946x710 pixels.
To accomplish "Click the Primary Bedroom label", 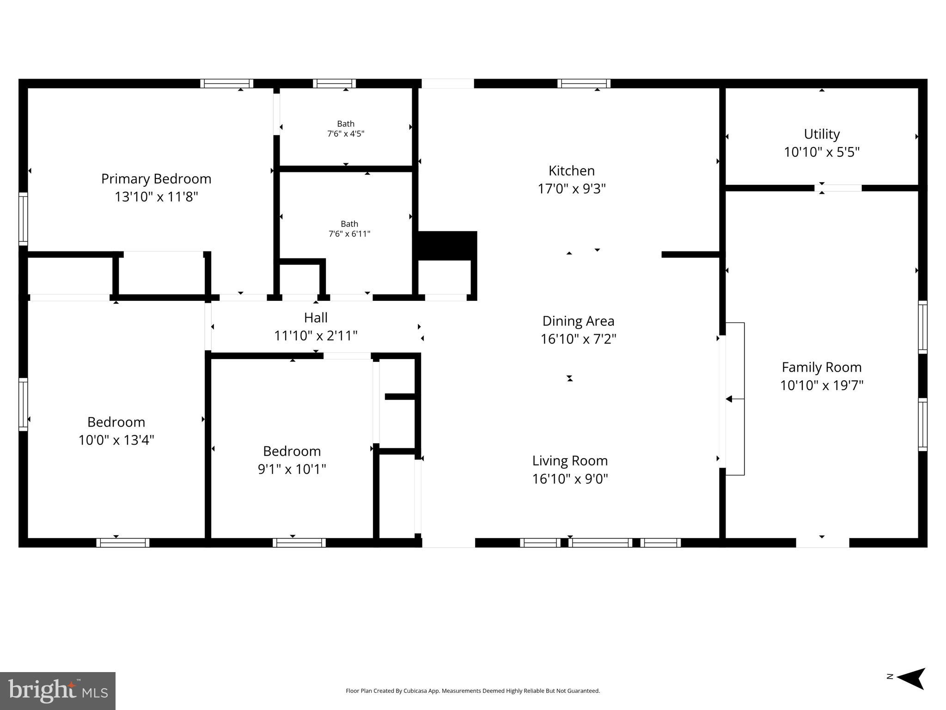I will tap(156, 179).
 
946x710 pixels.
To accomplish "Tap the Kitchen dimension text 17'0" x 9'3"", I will tap(571, 189).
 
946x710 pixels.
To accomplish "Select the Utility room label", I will tap(821, 134).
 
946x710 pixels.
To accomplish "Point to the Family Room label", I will tap(821, 367).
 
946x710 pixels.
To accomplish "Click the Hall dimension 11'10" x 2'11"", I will tap(316, 336).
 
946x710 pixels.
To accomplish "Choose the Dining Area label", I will tap(578, 321).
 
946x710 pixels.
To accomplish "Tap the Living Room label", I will tap(569, 461).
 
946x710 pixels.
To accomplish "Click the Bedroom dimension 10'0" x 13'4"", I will tap(116, 440).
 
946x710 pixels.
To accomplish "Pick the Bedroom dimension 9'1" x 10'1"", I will tap(292, 469).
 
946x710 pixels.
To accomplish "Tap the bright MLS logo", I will tap(58, 691).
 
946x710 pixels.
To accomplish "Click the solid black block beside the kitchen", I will tap(447, 245).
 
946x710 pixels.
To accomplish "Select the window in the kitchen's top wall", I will tap(584, 84).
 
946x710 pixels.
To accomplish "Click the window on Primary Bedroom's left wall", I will tap(23, 219).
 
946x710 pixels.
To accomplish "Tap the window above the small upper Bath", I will tap(334, 84).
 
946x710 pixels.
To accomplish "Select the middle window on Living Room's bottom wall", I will tap(600, 543).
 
